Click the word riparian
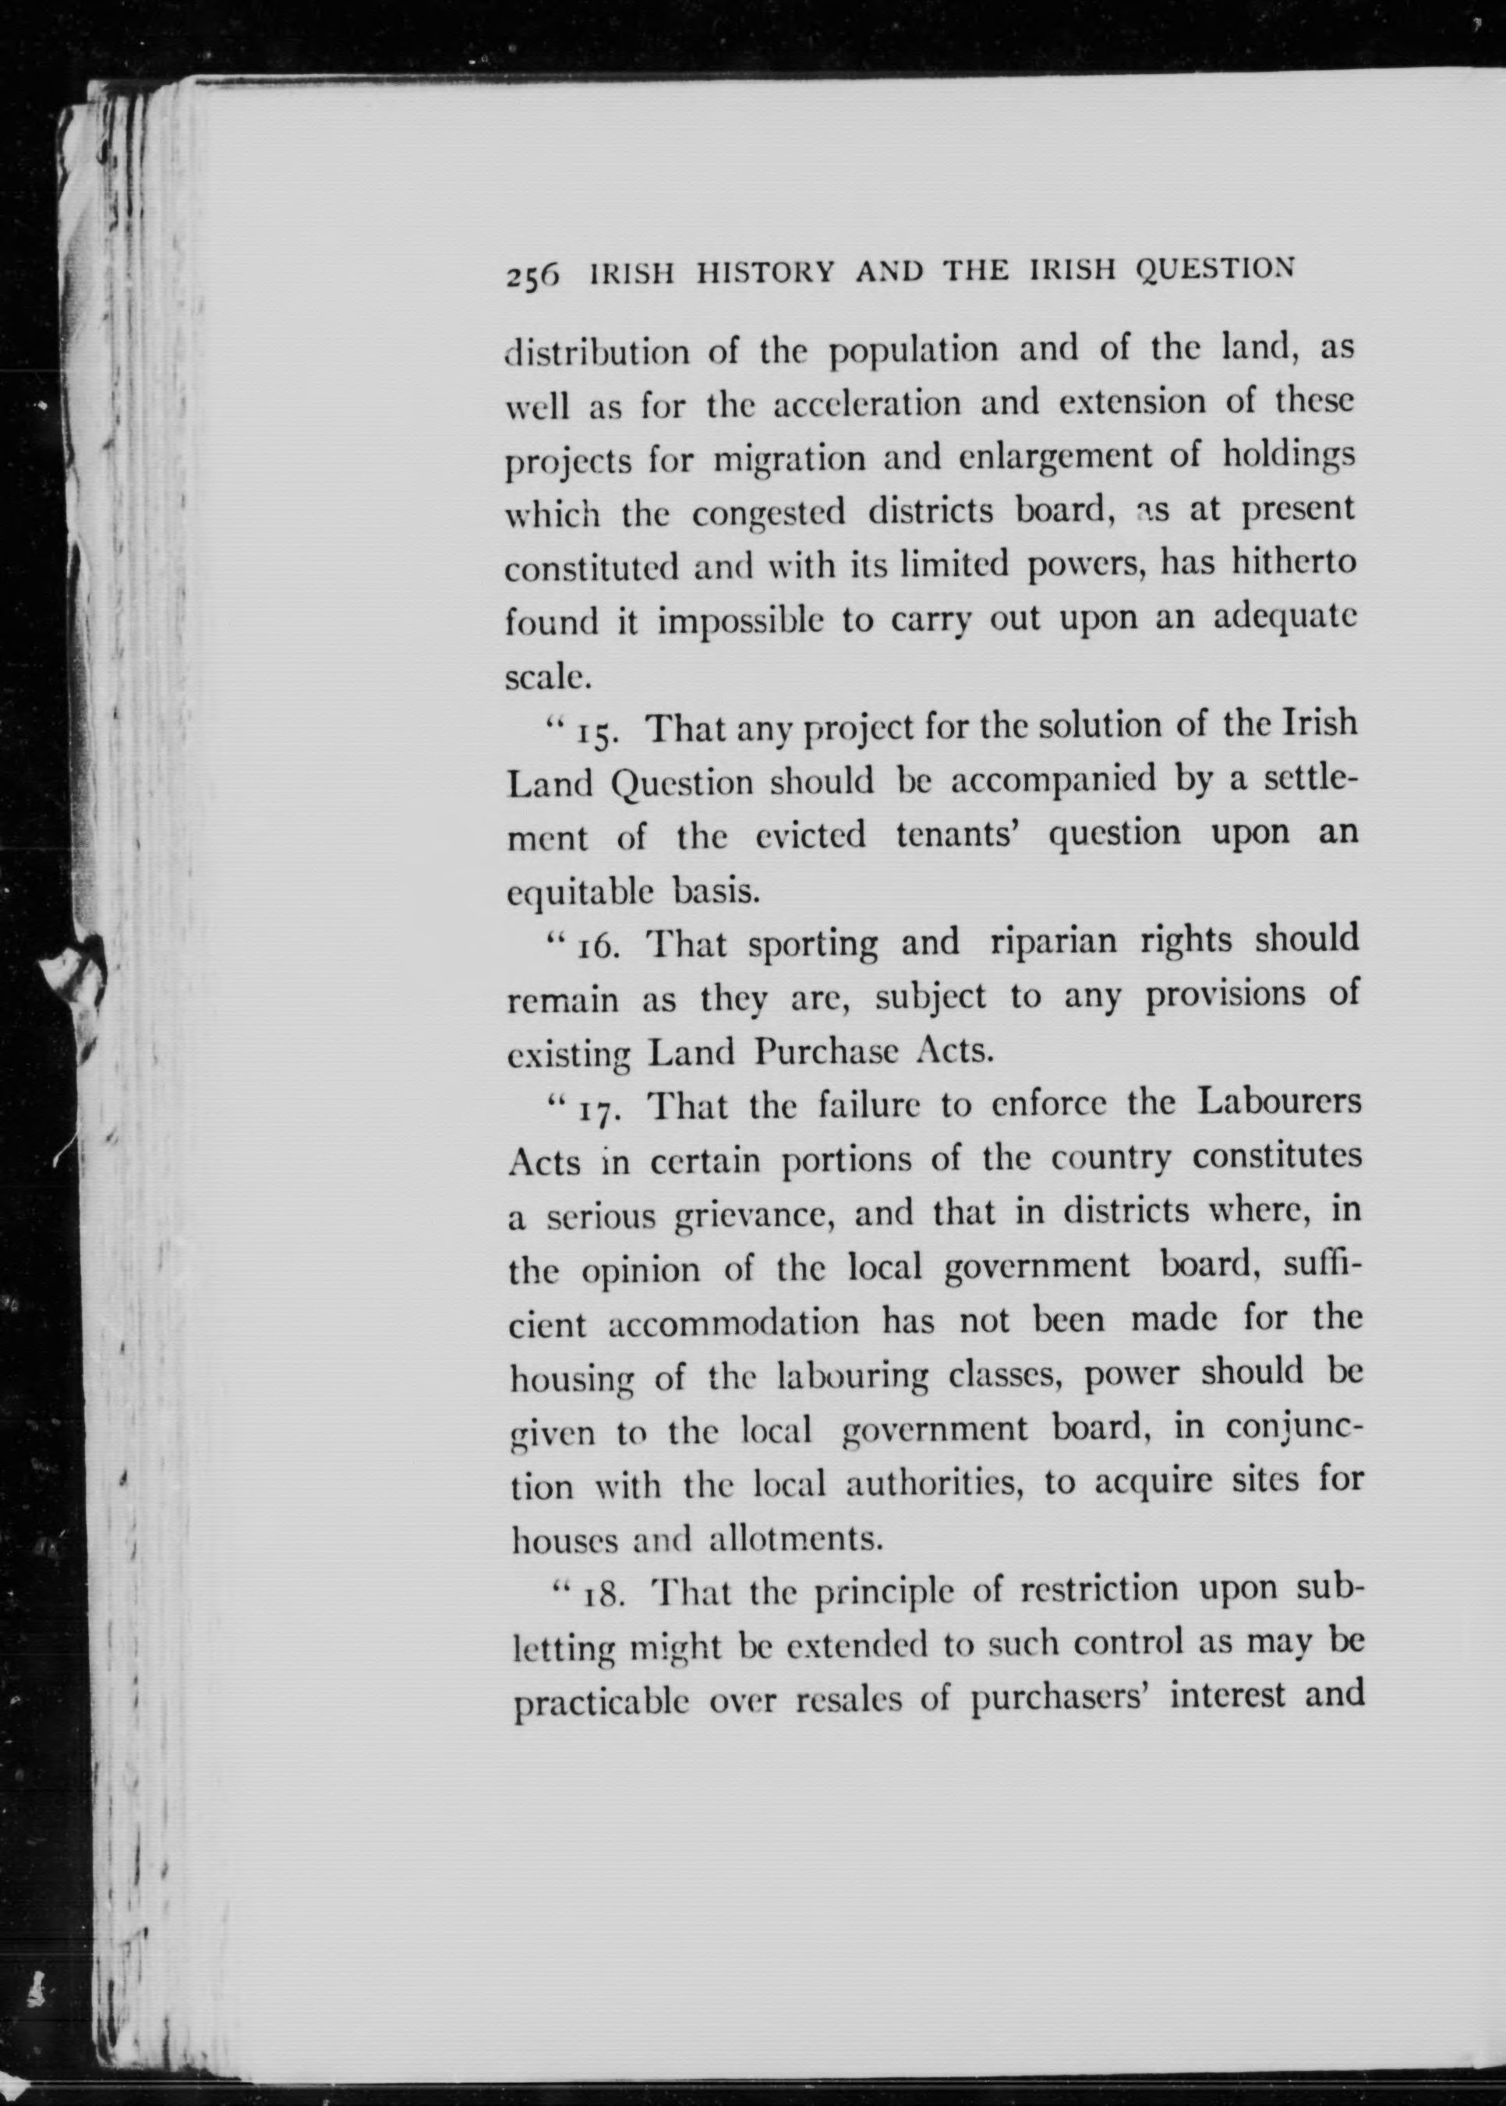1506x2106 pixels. pos(1055,942)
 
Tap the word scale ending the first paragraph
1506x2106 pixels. pos(547,677)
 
